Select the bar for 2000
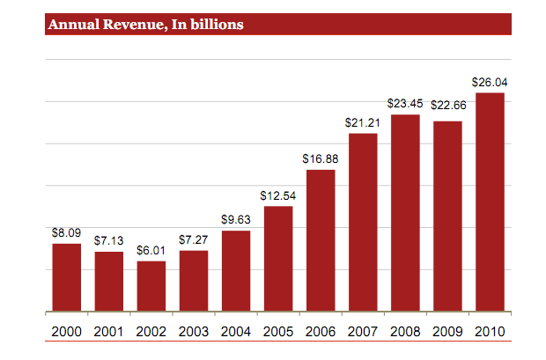tap(67, 277)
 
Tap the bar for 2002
tap(151, 286)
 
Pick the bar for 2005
tap(278, 259)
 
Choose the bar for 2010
tap(490, 202)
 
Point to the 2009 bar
tap(447, 216)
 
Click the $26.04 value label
tap(490, 83)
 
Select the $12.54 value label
tap(278, 195)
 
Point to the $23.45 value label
tap(405, 105)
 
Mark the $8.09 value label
tap(67, 233)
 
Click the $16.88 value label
tap(321, 159)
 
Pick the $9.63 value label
tap(236, 220)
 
